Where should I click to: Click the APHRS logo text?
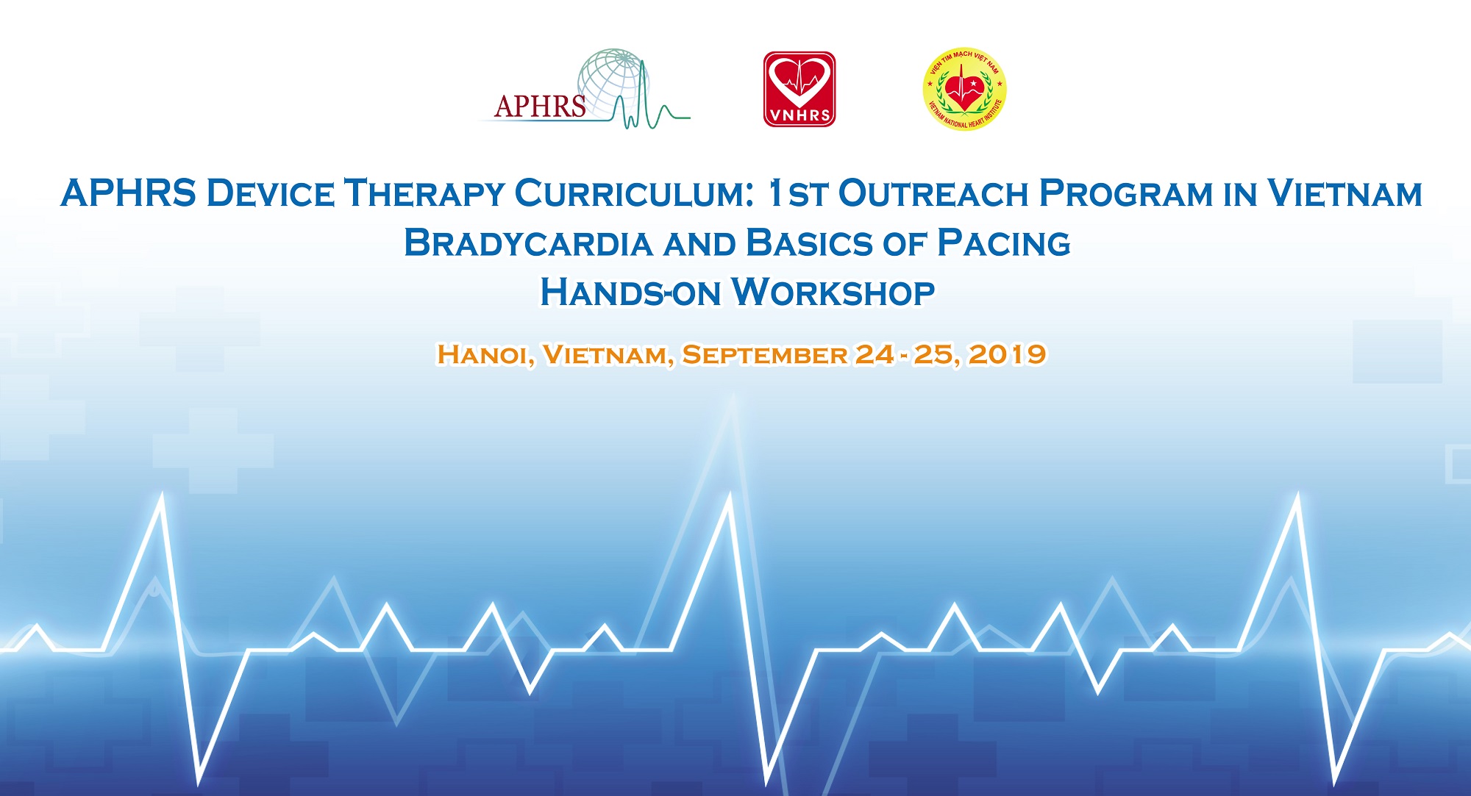[x=541, y=107]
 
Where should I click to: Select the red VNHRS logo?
[x=799, y=89]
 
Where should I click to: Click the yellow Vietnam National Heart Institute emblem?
[x=964, y=90]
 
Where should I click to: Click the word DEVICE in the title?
[x=270, y=193]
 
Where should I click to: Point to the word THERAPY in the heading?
[x=424, y=193]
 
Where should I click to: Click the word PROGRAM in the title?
[x=1126, y=193]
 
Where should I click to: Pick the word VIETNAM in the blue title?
[x=1344, y=193]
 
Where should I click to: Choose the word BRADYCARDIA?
[x=529, y=243]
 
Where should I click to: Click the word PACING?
[x=1004, y=243]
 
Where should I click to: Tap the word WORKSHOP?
[x=833, y=293]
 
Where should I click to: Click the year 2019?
[x=1007, y=354]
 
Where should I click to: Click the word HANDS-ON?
[x=630, y=293]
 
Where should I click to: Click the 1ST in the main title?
[x=797, y=193]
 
